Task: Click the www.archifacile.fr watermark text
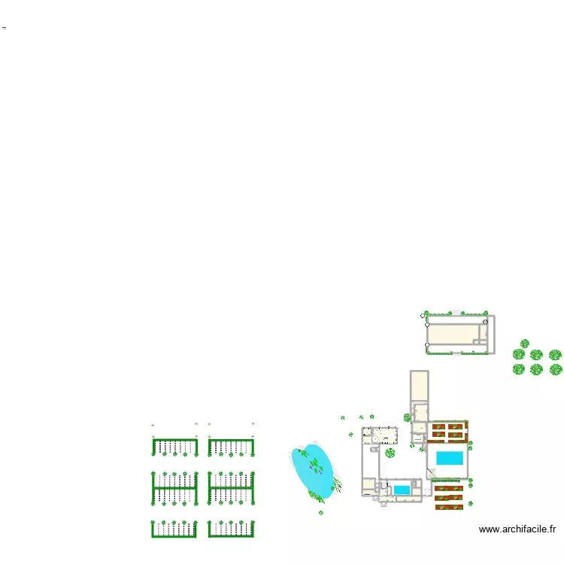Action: pos(518,529)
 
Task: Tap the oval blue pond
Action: pos(314,471)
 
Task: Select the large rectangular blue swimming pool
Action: pos(450,458)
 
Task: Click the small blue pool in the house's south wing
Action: pos(402,490)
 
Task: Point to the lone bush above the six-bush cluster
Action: pos(525,344)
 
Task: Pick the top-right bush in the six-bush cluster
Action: pos(555,355)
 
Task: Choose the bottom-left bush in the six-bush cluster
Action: pos(519,369)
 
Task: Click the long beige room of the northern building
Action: pos(456,333)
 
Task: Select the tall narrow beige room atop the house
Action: pos(419,387)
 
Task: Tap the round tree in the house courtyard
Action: pos(390,453)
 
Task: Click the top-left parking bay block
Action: pos(174,447)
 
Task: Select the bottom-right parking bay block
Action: pos(232,529)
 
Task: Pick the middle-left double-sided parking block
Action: pos(174,487)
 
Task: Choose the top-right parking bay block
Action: pos(232,447)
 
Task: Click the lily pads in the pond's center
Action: pos(314,467)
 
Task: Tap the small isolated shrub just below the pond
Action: pos(320,512)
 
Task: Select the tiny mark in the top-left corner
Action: pos(4,27)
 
